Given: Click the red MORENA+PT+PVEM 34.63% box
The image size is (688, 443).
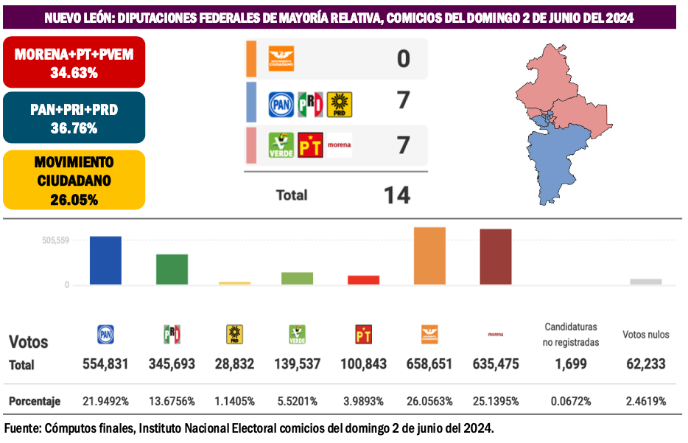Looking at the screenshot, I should coord(74,63).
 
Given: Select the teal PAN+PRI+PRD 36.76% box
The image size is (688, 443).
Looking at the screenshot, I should coord(74,118).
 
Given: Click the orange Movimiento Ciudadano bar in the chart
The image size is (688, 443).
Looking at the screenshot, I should coord(429,256).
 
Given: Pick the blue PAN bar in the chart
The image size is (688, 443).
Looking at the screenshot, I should coord(105,260).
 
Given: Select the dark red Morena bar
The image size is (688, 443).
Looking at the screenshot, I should coord(495,257).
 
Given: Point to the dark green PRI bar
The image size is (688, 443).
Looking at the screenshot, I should coord(172,269).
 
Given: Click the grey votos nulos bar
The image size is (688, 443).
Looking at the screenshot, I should coord(646,282).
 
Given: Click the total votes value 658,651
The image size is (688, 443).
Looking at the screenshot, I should coord(429,364).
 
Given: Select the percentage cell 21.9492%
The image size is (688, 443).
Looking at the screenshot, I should coord(105,402).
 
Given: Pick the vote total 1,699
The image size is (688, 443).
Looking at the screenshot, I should coord(571,364).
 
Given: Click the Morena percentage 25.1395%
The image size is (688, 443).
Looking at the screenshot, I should coord(495,402).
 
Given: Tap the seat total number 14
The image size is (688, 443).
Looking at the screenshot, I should coord(397,195).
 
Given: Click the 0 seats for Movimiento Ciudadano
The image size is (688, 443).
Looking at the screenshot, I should coord(403,59).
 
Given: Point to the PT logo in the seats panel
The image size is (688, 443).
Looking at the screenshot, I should coord(310,145).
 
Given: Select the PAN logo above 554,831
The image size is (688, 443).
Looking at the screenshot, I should coord(105,335).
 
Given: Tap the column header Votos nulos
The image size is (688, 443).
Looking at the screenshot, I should coord(646,335).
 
